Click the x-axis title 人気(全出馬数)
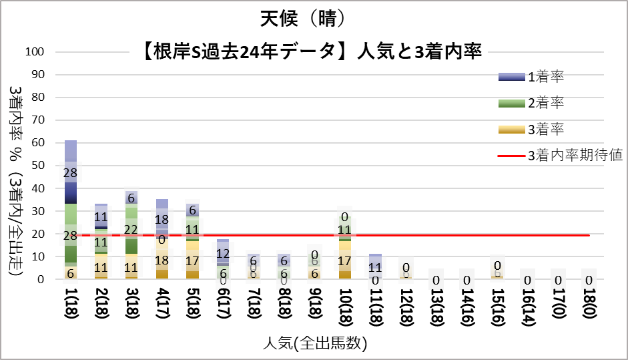(314, 344)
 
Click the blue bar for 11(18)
(376, 266)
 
